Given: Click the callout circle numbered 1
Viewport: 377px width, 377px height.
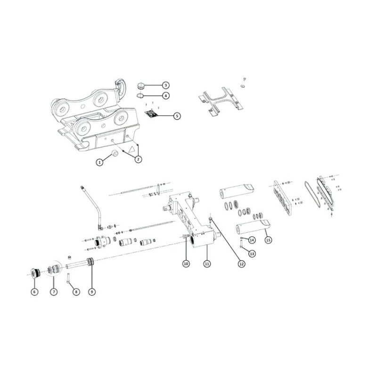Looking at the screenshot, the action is click(99, 162).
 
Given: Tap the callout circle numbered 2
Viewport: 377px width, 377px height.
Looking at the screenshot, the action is click(138, 159).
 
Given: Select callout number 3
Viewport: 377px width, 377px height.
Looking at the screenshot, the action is click(166, 85).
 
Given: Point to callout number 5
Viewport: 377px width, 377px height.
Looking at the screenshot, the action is click(177, 116).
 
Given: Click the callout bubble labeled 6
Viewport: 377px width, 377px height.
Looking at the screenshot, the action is click(34, 292).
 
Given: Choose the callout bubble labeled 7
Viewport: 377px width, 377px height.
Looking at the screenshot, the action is click(54, 292).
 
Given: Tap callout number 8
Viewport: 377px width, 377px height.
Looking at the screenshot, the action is click(76, 292).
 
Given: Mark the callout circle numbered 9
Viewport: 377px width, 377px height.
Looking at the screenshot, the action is click(92, 292).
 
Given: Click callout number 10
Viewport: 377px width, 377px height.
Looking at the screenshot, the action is click(186, 264).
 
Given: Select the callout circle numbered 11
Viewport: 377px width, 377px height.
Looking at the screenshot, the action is click(207, 264).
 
